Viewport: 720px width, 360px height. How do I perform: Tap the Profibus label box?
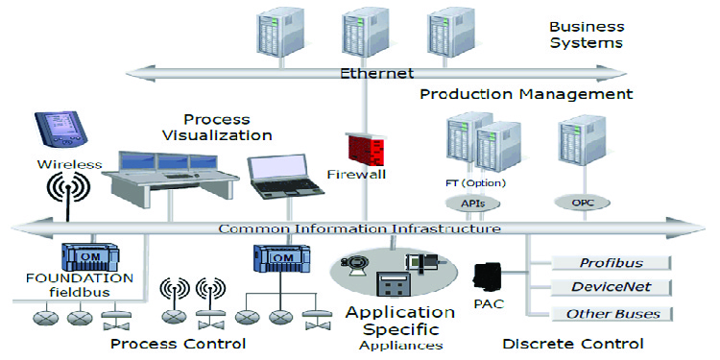click(x=612, y=262)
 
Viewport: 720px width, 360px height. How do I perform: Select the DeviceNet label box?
click(x=612, y=287)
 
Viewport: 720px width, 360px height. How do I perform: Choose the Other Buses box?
click(x=612, y=314)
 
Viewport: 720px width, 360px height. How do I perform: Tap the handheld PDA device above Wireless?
click(x=50, y=130)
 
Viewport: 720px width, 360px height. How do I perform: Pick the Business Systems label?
click(x=586, y=35)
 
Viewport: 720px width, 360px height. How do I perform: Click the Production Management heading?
click(x=527, y=94)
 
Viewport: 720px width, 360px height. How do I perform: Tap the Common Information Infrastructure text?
click(x=359, y=228)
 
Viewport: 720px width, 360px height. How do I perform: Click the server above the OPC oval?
click(x=574, y=148)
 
